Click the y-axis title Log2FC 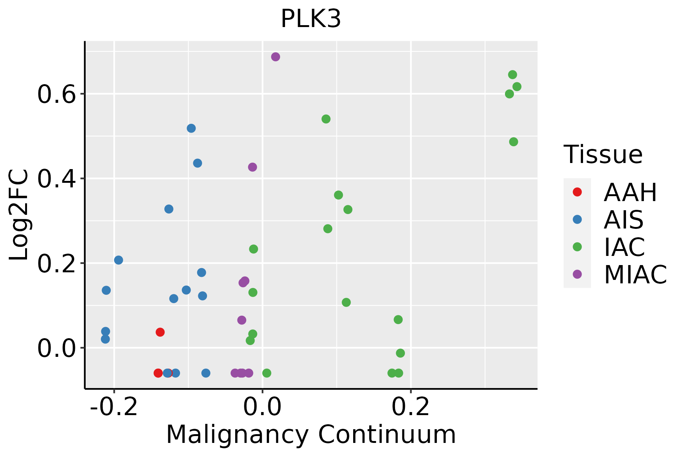pos(19,215)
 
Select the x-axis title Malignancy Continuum pos(311,435)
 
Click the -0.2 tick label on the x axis pos(113,407)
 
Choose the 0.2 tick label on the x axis pos(411,407)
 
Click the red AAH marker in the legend pos(577,192)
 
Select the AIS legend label pos(623,220)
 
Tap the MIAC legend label pos(635,275)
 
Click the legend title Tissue pos(603,155)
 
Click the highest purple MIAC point pos(276,57)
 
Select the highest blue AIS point pos(191,128)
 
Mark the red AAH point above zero pos(160,332)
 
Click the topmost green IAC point pos(513,75)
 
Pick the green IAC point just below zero pos(400,353)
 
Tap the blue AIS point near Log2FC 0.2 pos(119,260)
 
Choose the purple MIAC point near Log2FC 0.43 pos(252,167)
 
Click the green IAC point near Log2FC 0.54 pos(326,119)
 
